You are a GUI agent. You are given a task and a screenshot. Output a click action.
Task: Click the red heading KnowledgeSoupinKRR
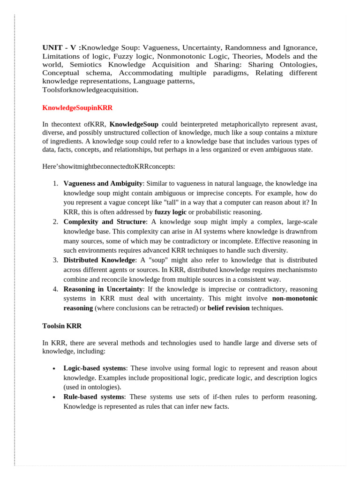[77, 108]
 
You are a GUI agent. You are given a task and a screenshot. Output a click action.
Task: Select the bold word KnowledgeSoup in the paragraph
[134, 124]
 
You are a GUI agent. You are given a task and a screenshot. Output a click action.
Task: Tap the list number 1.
[55, 184]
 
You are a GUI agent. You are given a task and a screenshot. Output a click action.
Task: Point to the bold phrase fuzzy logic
[170, 212]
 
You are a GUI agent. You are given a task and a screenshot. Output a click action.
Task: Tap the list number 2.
[55, 222]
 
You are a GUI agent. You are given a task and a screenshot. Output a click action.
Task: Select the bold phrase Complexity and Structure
[105, 222]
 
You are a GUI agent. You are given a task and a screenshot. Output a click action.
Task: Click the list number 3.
[55, 260]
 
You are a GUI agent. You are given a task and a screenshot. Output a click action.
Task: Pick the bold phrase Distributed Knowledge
[99, 260]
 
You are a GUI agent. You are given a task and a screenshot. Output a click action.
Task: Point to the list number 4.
[55, 289]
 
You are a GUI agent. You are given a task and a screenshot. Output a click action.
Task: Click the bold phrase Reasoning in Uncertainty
[103, 289]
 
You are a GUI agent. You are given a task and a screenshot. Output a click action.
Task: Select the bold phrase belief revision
[228, 308]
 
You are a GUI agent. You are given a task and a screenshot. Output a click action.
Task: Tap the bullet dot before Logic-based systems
[55, 369]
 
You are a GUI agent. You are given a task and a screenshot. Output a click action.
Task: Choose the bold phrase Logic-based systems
[95, 368]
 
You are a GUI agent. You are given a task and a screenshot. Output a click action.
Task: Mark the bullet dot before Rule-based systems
[55, 397]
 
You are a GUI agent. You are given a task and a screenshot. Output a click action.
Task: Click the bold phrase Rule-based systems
[94, 397]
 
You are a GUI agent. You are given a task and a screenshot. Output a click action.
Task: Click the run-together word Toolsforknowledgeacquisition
[90, 90]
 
